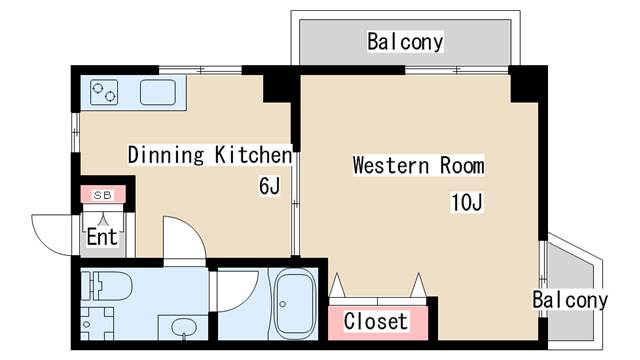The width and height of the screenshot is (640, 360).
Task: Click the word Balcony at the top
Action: (405, 42)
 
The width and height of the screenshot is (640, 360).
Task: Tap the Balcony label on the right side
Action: (569, 300)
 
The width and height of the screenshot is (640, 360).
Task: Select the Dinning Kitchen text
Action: (209, 155)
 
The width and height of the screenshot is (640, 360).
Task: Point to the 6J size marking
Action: (269, 185)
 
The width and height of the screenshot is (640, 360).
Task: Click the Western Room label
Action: (418, 166)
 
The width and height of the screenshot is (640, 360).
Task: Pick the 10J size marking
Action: (466, 203)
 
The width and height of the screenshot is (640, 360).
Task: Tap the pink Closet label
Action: (376, 321)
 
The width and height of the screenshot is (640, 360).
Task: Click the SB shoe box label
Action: (102, 194)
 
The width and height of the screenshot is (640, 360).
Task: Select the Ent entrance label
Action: (102, 237)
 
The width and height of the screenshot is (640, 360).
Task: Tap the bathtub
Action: (295, 303)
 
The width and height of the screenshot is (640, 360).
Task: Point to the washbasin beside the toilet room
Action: (182, 327)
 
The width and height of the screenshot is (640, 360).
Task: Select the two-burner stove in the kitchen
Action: (105, 93)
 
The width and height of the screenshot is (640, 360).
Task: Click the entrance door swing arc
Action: (50, 232)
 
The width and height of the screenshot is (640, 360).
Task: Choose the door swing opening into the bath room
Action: (235, 290)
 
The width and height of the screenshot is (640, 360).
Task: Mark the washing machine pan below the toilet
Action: (97, 326)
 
